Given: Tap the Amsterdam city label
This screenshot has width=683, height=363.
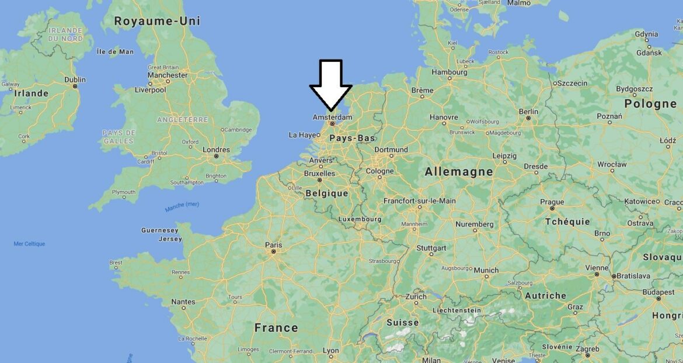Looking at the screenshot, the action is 332,117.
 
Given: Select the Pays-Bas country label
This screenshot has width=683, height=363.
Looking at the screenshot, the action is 352,138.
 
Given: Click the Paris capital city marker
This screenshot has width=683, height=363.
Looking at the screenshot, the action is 273,252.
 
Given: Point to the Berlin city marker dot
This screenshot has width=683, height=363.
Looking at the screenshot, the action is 528,118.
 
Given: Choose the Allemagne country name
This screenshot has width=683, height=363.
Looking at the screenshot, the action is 458,172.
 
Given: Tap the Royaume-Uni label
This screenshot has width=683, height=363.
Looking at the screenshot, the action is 157,21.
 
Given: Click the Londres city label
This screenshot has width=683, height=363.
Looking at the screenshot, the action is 216,150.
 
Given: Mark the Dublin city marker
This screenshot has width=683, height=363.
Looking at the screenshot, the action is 75,87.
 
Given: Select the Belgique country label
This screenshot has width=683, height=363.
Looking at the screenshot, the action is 326,193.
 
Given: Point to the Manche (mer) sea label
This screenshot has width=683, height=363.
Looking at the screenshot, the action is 182,205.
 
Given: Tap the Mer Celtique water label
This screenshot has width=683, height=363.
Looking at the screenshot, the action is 29,244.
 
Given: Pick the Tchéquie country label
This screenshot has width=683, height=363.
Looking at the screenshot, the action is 567,222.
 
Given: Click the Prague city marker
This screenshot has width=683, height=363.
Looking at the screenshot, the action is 552,209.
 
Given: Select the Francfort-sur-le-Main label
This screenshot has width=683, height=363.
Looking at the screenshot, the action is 419,201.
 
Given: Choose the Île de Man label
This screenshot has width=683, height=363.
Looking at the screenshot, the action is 115,51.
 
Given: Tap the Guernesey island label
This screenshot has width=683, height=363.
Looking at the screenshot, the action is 160,230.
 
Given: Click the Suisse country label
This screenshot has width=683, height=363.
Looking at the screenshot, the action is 403,322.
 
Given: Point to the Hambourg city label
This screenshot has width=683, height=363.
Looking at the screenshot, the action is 449,72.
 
